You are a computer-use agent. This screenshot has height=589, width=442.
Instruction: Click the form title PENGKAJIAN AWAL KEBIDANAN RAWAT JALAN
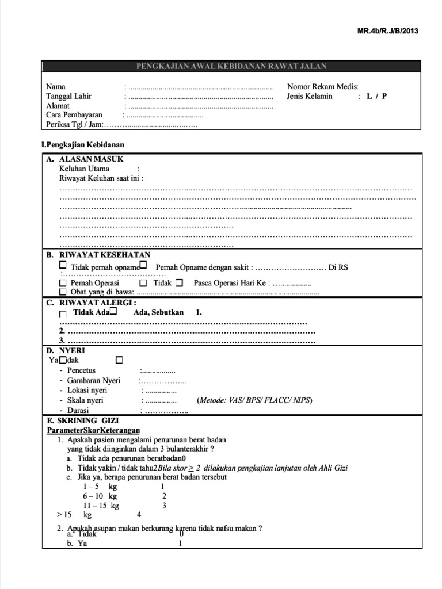point(231,67)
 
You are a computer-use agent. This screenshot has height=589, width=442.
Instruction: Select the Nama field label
point(56,87)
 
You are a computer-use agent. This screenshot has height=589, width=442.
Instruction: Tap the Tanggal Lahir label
point(68,96)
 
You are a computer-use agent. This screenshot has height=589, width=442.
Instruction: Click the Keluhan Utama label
point(84,169)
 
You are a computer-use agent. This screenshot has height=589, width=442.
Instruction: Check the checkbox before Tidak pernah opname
point(63,266)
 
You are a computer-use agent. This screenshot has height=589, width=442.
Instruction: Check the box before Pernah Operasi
point(63,284)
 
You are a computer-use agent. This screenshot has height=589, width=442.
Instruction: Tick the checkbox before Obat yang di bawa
point(63,292)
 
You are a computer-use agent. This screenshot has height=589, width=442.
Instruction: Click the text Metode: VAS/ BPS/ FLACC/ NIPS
point(254,400)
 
